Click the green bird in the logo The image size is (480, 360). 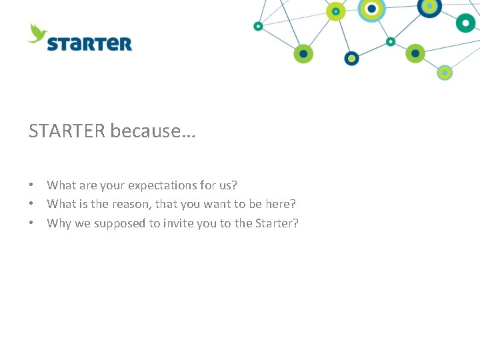point(37,33)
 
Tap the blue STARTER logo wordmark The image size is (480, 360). point(89,44)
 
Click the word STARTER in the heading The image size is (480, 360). point(67,131)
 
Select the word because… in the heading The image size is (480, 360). point(153,131)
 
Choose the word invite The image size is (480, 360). point(179,223)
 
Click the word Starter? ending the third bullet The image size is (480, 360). point(277,223)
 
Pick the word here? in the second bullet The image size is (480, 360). point(281,204)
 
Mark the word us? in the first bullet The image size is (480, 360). point(227,185)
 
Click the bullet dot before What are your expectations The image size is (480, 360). point(31,185)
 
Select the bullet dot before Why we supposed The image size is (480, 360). point(31,223)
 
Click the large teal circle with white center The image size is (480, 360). point(465,22)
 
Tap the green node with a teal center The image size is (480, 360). point(335,11)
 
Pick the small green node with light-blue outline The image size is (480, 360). point(445,72)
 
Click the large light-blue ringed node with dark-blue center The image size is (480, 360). point(371,9)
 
